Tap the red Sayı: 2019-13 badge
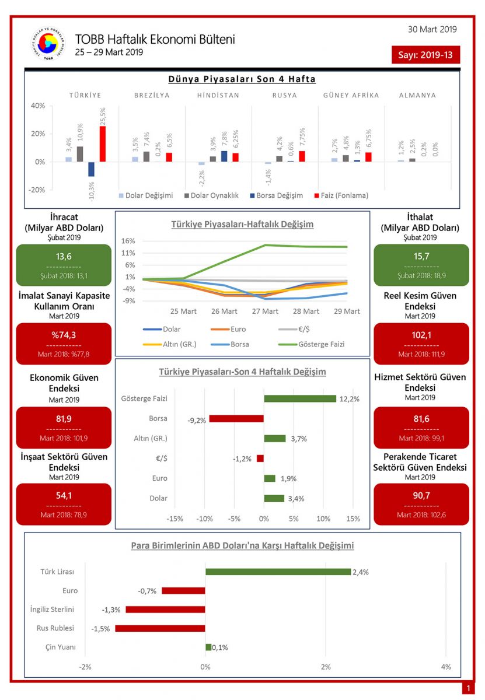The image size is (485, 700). pyautogui.click(x=425, y=55)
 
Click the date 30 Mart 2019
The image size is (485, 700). pyautogui.click(x=432, y=29)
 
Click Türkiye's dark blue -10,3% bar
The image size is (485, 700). pyautogui.click(x=91, y=169)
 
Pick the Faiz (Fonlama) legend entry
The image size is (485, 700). pyautogui.click(x=342, y=195)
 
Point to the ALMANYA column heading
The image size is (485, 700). pyautogui.click(x=417, y=95)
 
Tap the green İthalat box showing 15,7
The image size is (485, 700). pyautogui.click(x=421, y=265)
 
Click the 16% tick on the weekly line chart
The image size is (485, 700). pyautogui.click(x=129, y=241)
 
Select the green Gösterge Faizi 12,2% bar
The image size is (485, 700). pyautogui.click(x=300, y=398)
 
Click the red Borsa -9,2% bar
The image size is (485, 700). pyautogui.click(x=236, y=418)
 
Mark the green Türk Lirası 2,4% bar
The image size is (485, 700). pyautogui.click(x=278, y=572)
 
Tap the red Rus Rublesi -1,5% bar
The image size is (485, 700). pyautogui.click(x=160, y=628)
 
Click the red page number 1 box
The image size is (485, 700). pyautogui.click(x=468, y=688)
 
